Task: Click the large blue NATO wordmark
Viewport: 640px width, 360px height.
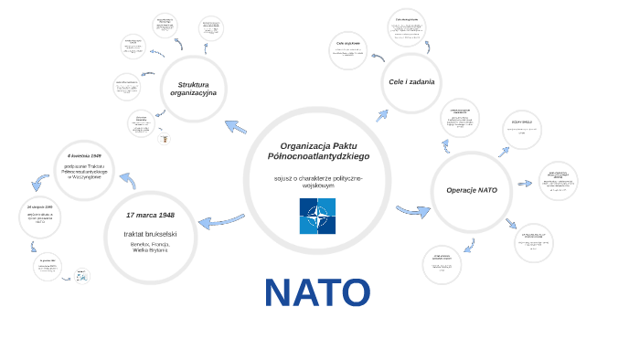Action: (x=317, y=292)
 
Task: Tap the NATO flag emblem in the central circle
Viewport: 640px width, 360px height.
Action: (x=317, y=216)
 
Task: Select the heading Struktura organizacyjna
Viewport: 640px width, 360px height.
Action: (x=193, y=89)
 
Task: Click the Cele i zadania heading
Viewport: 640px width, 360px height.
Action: (x=411, y=82)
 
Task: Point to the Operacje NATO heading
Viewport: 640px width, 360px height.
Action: (x=472, y=190)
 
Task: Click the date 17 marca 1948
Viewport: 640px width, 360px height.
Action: (x=150, y=215)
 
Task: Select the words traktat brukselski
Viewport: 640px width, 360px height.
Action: (x=150, y=235)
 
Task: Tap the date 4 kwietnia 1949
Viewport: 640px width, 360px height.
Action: (x=84, y=156)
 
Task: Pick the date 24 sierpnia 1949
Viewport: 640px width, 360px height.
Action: (x=40, y=207)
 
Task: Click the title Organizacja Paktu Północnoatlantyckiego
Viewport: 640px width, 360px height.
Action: (x=318, y=151)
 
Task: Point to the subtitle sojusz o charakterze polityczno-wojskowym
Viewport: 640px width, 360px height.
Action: (x=318, y=182)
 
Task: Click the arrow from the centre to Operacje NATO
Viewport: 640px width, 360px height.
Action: (x=413, y=211)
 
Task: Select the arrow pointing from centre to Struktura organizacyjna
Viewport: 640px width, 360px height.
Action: (x=235, y=127)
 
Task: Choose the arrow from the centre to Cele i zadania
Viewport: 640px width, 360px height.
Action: (x=381, y=115)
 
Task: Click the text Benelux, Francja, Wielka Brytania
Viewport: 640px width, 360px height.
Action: (x=150, y=248)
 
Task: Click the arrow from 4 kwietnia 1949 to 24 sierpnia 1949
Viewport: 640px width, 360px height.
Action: (x=39, y=181)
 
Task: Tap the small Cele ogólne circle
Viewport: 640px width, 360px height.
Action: (x=348, y=49)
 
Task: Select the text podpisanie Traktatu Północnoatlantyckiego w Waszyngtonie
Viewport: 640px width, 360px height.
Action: (x=84, y=172)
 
